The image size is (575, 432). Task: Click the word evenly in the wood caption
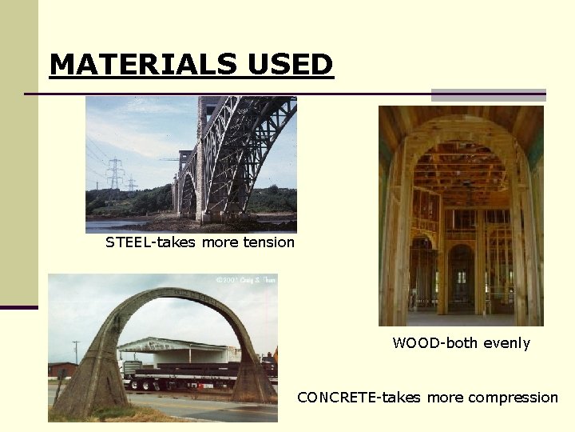click(x=506, y=343)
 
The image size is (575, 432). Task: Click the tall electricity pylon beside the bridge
click(x=115, y=174)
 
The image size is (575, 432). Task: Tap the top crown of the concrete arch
click(x=163, y=293)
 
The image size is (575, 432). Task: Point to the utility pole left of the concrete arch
click(x=76, y=352)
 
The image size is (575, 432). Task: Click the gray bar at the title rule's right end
click(x=488, y=94)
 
